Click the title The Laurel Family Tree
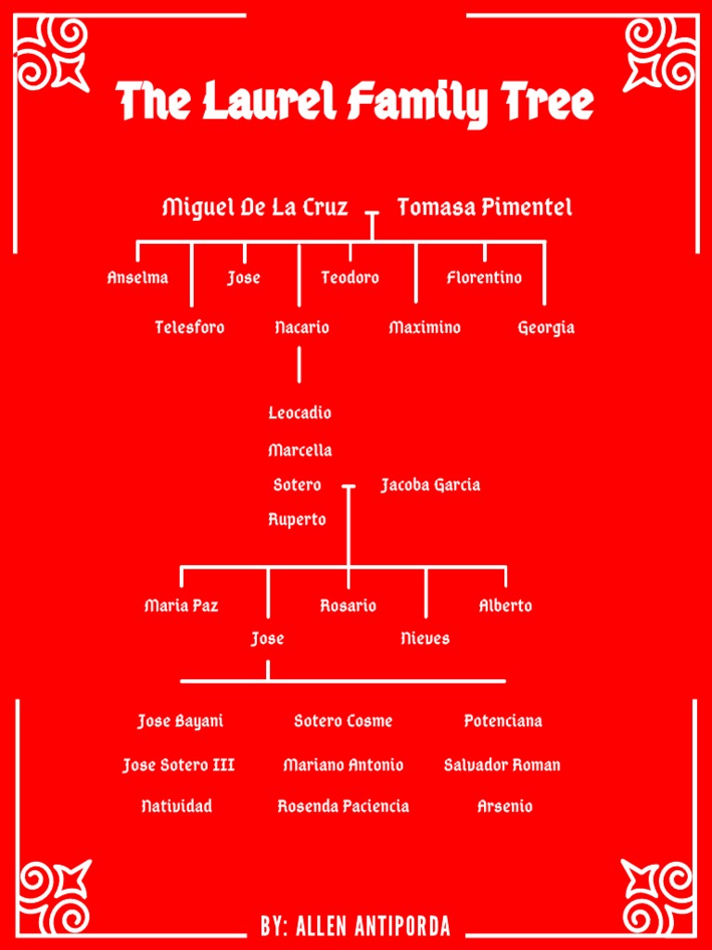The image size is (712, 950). tap(356, 102)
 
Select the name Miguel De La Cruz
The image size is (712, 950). tap(255, 207)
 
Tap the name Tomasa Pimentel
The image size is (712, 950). tap(484, 207)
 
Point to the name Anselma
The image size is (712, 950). tap(137, 277)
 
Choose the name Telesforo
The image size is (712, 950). tap(189, 327)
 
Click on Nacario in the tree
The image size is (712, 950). tap(301, 327)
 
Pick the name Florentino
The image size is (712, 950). tap(484, 277)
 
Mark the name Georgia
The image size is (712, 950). tap(545, 327)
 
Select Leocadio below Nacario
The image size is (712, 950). tap(299, 413)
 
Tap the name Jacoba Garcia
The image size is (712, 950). tap(430, 484)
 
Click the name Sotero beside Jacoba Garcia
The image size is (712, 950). tap(297, 484)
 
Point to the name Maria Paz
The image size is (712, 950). tap(182, 606)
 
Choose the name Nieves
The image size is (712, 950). tap(426, 638)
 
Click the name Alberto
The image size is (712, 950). tap(505, 606)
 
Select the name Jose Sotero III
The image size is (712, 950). tap(179, 765)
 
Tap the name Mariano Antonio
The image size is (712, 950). tap(343, 765)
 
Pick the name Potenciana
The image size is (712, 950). tap(503, 721)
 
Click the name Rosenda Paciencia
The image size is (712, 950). tap(343, 806)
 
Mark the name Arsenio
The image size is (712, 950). tap(505, 806)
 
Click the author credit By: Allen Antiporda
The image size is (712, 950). tap(356, 926)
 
